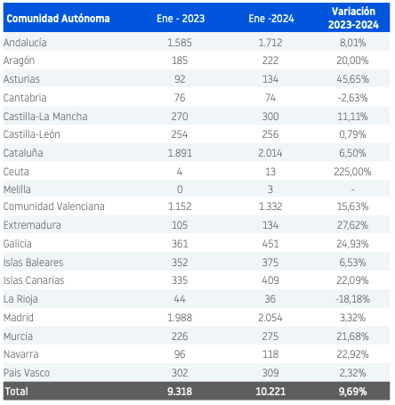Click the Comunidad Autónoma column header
(58, 19)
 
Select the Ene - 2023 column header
(181, 19)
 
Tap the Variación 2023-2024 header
(353, 18)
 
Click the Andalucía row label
(25, 43)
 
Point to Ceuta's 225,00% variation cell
(352, 172)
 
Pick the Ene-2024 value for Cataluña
(270, 153)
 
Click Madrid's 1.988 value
(180, 318)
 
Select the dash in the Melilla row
(352, 190)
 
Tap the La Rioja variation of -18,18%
(352, 299)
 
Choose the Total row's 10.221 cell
(270, 392)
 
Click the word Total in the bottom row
(17, 392)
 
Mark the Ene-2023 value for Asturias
(180, 79)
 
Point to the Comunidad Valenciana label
(54, 207)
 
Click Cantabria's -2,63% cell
(352, 98)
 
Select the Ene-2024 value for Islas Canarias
(270, 280)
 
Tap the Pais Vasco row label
(27, 373)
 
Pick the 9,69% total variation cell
(352, 392)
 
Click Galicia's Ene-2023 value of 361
(180, 244)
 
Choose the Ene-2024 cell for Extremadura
(270, 225)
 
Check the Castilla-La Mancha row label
(45, 117)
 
